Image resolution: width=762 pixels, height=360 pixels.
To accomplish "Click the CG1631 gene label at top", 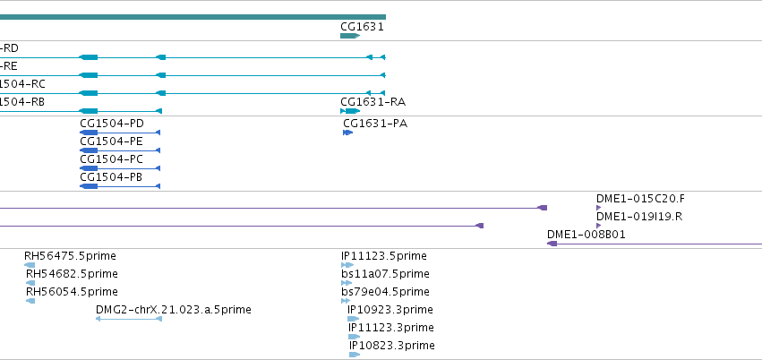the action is pyautogui.click(x=362, y=27).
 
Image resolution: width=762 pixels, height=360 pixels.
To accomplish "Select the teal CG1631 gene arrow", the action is pyautogui.click(x=350, y=36).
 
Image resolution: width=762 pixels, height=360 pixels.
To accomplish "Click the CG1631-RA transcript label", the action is pyautogui.click(x=372, y=102).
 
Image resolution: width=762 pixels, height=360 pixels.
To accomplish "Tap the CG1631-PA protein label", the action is pyautogui.click(x=375, y=124).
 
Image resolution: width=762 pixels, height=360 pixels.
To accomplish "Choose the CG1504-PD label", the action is pyautogui.click(x=112, y=124).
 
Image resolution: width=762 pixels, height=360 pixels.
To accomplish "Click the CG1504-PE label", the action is pyautogui.click(x=111, y=141).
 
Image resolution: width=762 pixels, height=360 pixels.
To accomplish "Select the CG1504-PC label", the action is pyautogui.click(x=111, y=159).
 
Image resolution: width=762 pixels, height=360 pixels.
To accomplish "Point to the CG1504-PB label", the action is pyautogui.click(x=111, y=177).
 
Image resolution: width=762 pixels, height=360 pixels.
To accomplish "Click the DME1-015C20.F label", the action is pyautogui.click(x=640, y=199).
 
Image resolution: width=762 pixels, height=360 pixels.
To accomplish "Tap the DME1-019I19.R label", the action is pyautogui.click(x=639, y=217).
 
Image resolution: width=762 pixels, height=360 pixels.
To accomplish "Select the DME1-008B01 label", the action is pyautogui.click(x=586, y=235).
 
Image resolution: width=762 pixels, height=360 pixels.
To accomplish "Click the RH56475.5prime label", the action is pyautogui.click(x=70, y=256).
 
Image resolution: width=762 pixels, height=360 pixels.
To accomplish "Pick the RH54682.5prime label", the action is pyautogui.click(x=72, y=274).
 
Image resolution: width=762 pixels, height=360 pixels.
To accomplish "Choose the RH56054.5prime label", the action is pyautogui.click(x=72, y=292).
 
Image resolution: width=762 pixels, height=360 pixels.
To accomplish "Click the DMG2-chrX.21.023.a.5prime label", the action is pyautogui.click(x=174, y=310).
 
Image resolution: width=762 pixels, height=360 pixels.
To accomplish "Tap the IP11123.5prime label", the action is pyautogui.click(x=384, y=256).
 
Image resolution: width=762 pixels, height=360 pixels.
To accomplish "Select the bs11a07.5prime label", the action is pyautogui.click(x=385, y=274).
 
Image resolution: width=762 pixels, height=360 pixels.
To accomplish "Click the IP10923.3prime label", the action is pyautogui.click(x=390, y=310).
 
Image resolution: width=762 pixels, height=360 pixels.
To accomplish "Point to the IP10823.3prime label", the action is pyautogui.click(x=392, y=346).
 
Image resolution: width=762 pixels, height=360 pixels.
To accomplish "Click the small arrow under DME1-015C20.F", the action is pyautogui.click(x=599, y=208).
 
